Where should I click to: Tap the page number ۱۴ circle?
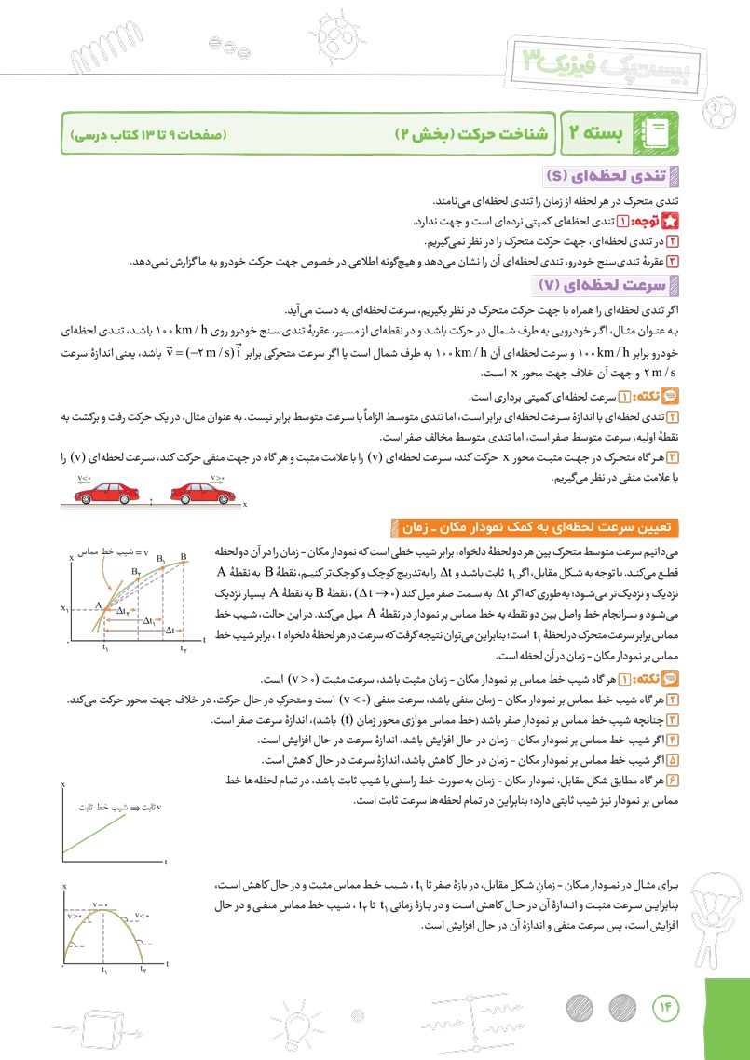666,1007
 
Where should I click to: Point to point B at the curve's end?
184,557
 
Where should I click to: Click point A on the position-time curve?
97,605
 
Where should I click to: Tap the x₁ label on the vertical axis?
65,609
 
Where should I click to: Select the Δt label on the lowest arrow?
170,631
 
